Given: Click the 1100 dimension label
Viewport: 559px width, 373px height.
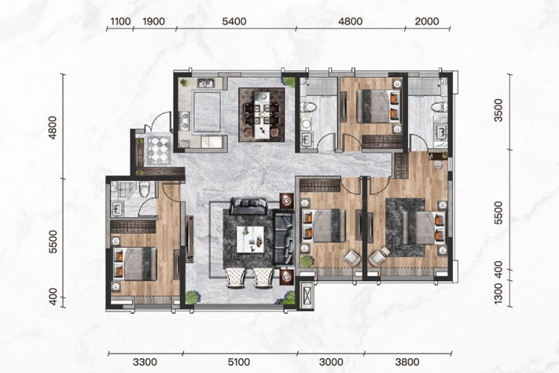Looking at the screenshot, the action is (x=120, y=22).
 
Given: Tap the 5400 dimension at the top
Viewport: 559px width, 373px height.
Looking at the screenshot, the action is (x=234, y=22).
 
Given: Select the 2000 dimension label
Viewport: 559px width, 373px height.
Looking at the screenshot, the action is (x=427, y=22).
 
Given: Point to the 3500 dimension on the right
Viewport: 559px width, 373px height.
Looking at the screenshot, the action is (x=498, y=111).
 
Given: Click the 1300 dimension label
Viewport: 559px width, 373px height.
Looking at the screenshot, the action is (x=498, y=294).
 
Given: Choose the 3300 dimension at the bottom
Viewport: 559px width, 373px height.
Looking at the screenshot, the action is (x=145, y=363).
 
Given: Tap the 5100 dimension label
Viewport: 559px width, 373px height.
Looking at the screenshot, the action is (x=238, y=363).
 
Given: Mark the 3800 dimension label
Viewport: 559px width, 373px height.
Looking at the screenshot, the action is (x=407, y=363).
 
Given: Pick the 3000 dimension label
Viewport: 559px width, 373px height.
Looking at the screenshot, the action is (x=331, y=363).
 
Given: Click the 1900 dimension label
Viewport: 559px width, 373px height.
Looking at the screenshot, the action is (x=154, y=22).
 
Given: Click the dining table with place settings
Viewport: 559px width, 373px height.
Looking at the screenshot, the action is (x=262, y=115).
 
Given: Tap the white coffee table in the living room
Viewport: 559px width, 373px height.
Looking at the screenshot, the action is (x=250, y=239).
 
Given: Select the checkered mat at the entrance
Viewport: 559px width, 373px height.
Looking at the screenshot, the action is (x=158, y=149).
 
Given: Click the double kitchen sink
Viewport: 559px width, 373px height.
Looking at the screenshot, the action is (x=206, y=83).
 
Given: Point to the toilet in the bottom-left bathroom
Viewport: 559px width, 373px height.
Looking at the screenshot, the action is (x=144, y=188).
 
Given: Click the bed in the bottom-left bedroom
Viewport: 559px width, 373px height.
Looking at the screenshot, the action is (x=135, y=264).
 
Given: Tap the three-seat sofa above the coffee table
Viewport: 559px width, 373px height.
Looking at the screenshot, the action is (x=249, y=206).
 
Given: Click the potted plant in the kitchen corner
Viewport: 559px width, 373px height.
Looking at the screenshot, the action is (x=184, y=83).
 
